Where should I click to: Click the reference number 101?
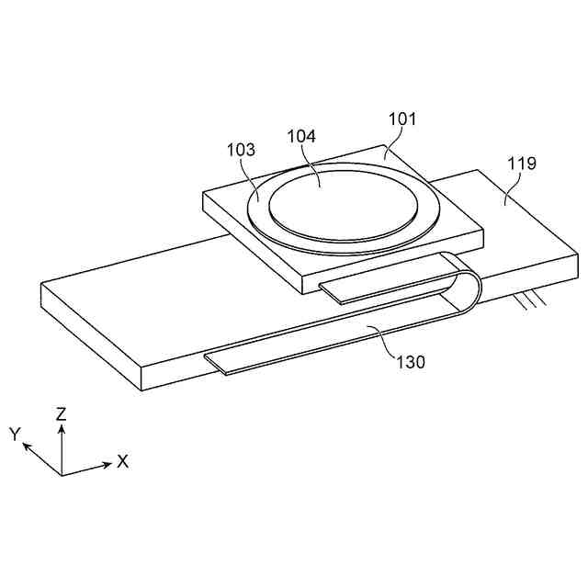(x=401, y=119)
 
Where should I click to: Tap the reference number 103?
(x=242, y=150)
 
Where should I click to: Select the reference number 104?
(x=301, y=136)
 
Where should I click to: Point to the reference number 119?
(x=523, y=164)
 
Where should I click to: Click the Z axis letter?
(x=62, y=414)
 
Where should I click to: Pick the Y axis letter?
(x=16, y=433)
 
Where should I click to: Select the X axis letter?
(x=122, y=461)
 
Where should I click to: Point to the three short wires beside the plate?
(x=533, y=300)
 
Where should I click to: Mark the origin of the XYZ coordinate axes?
(x=62, y=474)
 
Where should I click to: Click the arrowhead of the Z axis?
(x=62, y=427)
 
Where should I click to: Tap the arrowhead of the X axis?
(x=107, y=462)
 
